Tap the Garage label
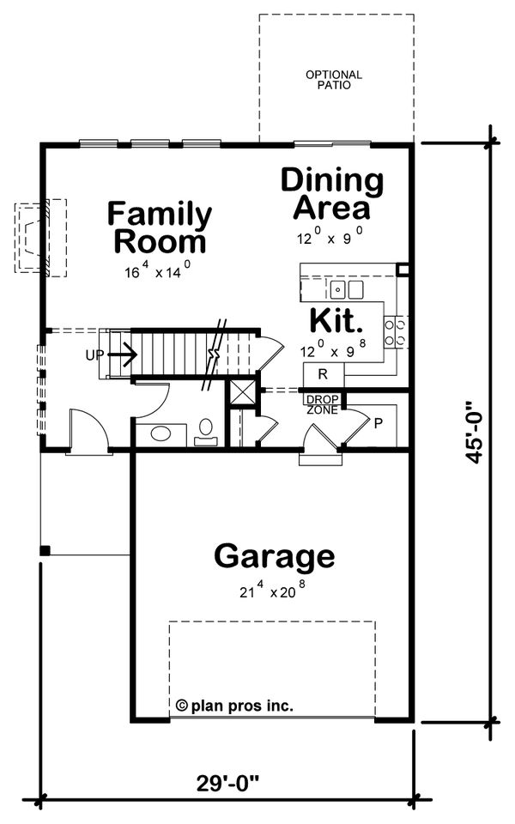tap(274, 556)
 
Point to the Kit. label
tap(335, 320)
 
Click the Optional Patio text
tap(334, 80)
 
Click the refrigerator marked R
tap(323, 374)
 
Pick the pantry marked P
tap(377, 421)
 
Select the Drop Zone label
tap(323, 403)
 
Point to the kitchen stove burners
tap(395, 331)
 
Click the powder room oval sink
tap(161, 433)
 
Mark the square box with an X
tap(240, 392)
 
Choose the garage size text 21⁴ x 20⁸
tap(274, 591)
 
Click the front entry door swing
tap(88, 429)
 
